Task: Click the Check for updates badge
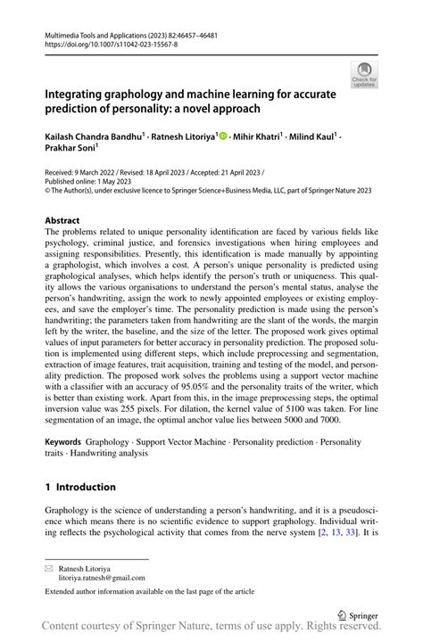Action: [x=366, y=74]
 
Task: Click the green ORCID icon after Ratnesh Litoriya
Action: [x=223, y=136]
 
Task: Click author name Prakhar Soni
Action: [x=70, y=150]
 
